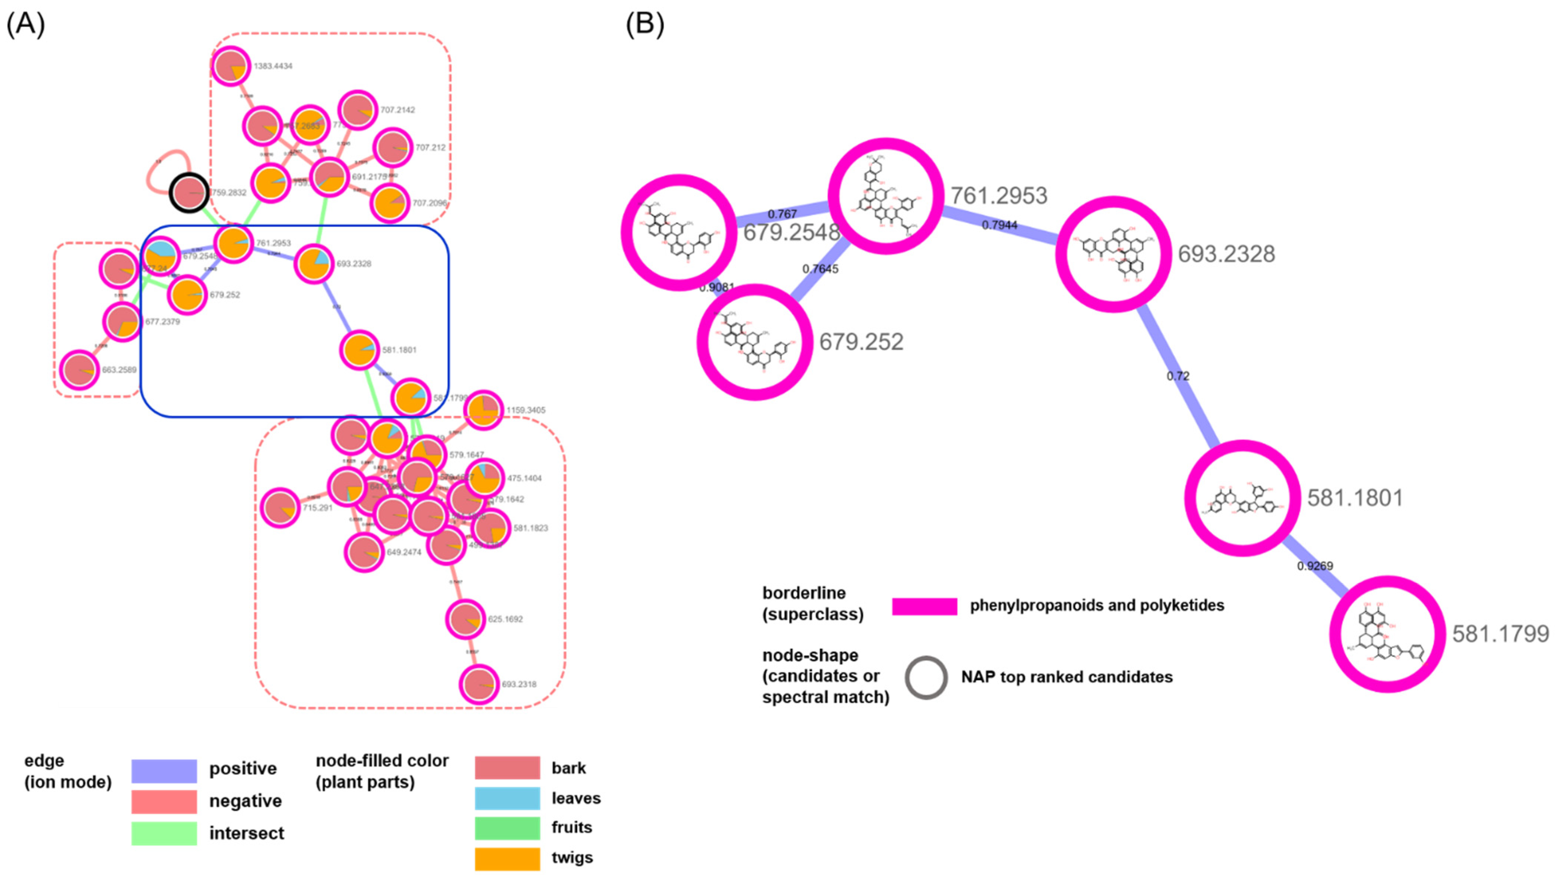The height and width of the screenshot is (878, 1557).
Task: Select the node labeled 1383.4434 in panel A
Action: (230, 66)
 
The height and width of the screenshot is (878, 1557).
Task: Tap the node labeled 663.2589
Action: (79, 370)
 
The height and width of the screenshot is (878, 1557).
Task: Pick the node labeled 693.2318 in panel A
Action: (479, 684)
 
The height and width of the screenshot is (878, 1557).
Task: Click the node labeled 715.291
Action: (280, 508)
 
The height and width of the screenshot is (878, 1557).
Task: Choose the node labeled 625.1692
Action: (466, 619)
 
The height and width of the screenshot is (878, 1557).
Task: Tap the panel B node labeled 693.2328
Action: (1113, 254)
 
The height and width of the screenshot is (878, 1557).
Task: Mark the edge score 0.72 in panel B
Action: (1178, 376)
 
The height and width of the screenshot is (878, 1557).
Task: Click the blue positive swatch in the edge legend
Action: (164, 770)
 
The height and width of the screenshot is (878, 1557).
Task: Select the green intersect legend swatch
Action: (164, 833)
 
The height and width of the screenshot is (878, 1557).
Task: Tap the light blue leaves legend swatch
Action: (507, 798)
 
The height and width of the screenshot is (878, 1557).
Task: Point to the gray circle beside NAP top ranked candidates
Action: (926, 677)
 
